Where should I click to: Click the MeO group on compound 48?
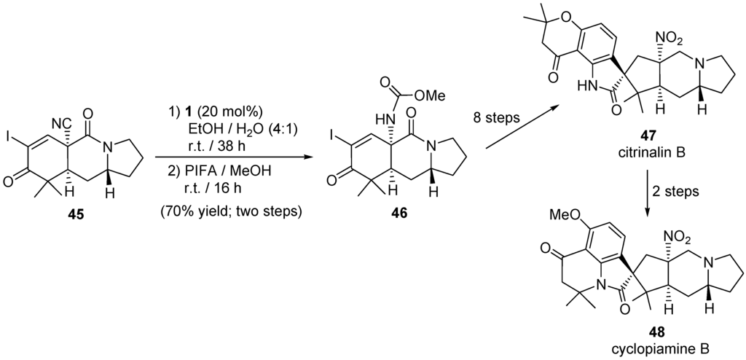pos(562,217)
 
